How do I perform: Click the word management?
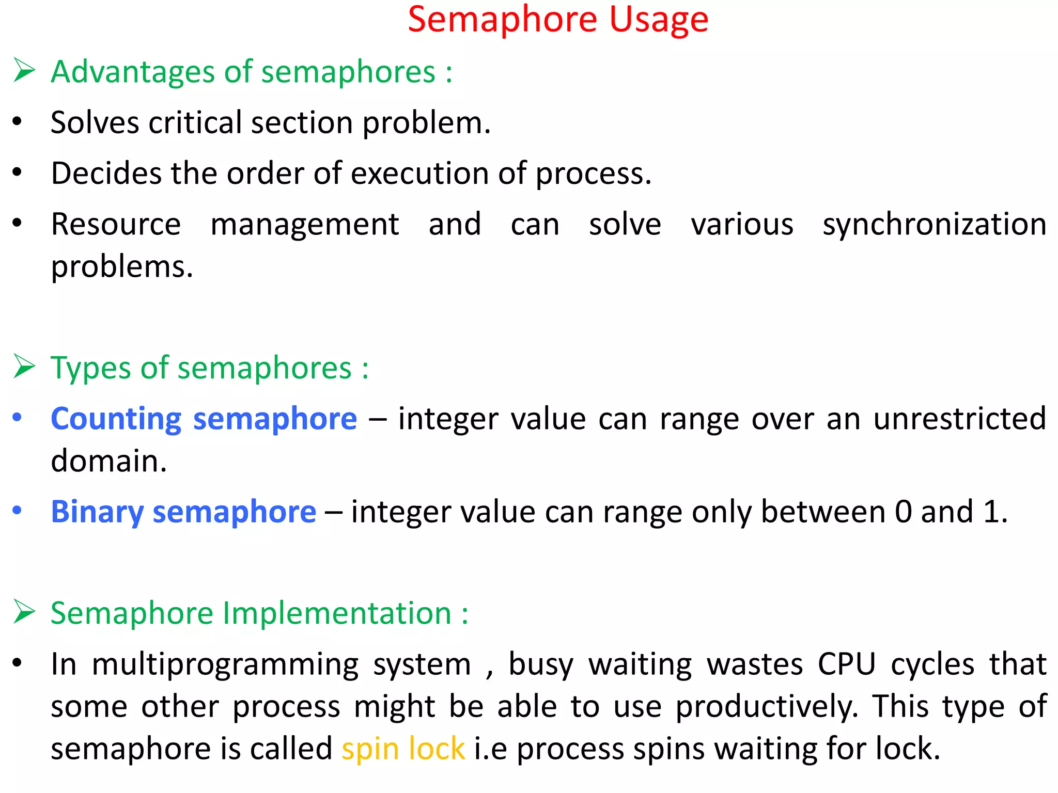coord(305,225)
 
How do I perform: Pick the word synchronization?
coord(935,225)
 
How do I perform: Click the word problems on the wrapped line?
coord(122,267)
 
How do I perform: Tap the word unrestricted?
coord(960,419)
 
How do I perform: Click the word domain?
coord(108,461)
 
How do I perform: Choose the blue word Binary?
coord(97,512)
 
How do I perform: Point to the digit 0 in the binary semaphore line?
coord(904,512)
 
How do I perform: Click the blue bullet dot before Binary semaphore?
coord(17,511)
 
